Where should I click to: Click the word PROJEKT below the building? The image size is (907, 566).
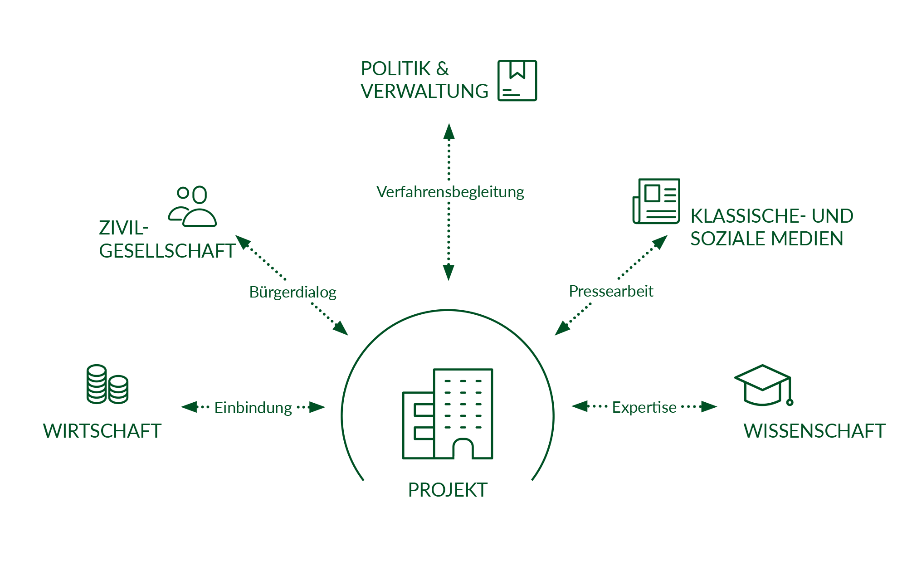pyautogui.click(x=448, y=489)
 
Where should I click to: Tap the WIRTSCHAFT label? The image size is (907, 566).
pyautogui.click(x=102, y=431)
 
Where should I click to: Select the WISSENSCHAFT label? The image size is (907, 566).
pyautogui.click(x=814, y=431)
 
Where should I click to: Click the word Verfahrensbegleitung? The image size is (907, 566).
pyautogui.click(x=450, y=192)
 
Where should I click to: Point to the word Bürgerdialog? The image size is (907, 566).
pyautogui.click(x=293, y=292)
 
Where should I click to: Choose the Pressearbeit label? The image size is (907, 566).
pyautogui.click(x=611, y=291)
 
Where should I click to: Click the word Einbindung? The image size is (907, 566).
pyautogui.click(x=253, y=408)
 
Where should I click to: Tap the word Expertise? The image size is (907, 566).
pyautogui.click(x=644, y=407)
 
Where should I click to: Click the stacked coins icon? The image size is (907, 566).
pyautogui.click(x=107, y=384)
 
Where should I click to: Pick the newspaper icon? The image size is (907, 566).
pyautogui.click(x=656, y=201)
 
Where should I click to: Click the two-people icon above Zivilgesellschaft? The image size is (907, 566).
pyautogui.click(x=193, y=206)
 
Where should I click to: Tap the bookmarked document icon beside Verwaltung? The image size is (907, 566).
pyautogui.click(x=517, y=81)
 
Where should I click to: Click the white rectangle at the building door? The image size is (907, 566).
pyautogui.click(x=463, y=460)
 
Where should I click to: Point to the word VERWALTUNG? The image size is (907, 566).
pyautogui.click(x=424, y=91)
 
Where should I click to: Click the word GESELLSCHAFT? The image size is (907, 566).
pyautogui.click(x=167, y=251)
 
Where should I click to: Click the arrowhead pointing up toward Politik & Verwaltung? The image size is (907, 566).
pyautogui.click(x=449, y=132)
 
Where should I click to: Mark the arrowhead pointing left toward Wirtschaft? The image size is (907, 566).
pyautogui.click(x=189, y=407)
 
